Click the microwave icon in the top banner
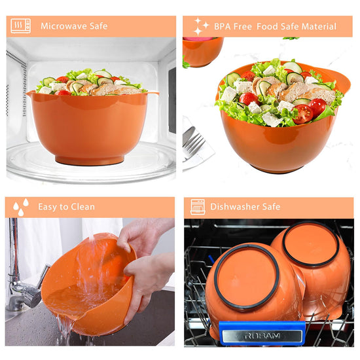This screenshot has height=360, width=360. pos(21,26)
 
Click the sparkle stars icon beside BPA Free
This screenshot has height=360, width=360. pos(201,26)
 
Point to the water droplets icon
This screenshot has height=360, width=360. pos(21,207)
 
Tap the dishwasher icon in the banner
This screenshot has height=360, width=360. pos(198,207)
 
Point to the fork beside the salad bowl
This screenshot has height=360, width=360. pos(194,145)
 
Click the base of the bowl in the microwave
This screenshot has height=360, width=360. pos(90,160)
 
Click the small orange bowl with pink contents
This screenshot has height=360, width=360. pos(202,52)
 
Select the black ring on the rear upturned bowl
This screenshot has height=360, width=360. pos(311,244)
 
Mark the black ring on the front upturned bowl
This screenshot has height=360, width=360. pos(247,277)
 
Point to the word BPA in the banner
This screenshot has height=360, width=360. pos(223,27)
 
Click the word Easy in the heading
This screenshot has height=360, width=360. pos(48,207)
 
